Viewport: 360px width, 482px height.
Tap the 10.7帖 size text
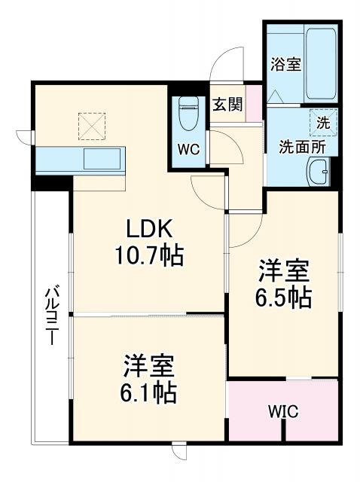(x=148, y=257)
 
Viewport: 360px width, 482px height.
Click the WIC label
(x=283, y=412)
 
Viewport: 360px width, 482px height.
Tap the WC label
(x=188, y=149)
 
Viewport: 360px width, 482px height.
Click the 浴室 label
(x=286, y=64)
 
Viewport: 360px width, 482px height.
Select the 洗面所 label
(x=303, y=146)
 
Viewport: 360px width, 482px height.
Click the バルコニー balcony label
(x=51, y=314)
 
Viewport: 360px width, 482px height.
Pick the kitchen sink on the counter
(x=101, y=160)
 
